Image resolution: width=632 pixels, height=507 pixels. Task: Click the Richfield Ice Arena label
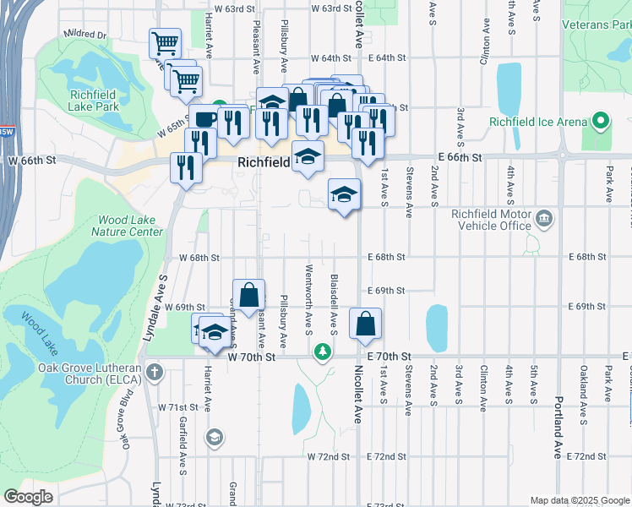tap(537, 122)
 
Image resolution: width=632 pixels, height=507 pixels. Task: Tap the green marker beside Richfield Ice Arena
tap(601, 122)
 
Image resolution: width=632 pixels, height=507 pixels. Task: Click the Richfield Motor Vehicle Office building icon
tap(544, 220)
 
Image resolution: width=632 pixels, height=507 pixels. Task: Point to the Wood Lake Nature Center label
tap(128, 226)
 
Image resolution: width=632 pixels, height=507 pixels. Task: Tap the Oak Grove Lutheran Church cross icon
tap(154, 372)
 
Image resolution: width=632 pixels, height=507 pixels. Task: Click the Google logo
tap(28, 497)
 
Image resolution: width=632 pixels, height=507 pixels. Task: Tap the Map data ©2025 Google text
tap(579, 500)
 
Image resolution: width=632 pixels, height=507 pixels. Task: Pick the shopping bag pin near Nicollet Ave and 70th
tap(364, 324)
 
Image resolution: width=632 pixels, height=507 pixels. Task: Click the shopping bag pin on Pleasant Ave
tap(248, 296)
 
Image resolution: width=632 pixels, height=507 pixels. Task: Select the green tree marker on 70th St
tap(321, 352)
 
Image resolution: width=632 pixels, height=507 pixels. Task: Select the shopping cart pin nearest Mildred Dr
tap(165, 43)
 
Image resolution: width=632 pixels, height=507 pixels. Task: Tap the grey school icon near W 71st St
tap(215, 437)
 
